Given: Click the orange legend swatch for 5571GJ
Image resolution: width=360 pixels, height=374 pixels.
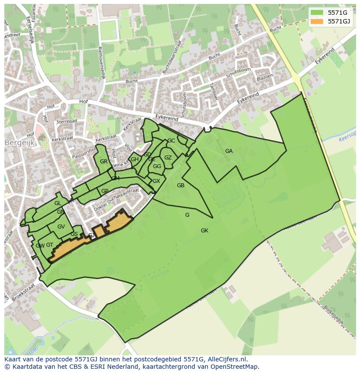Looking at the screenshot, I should click(x=317, y=21).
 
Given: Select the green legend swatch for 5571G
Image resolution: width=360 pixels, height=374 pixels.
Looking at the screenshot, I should click(x=317, y=13).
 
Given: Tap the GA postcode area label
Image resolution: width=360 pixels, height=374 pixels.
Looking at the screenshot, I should click(x=229, y=151).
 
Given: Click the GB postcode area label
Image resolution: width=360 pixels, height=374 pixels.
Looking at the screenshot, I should click(x=180, y=185).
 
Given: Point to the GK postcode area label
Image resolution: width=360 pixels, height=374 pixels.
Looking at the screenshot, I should click(x=204, y=231).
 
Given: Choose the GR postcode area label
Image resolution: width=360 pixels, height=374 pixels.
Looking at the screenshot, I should click(x=103, y=162).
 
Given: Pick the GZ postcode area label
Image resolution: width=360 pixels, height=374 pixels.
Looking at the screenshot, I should click(x=168, y=158).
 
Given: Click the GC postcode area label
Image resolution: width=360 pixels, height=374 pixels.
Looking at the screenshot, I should click(x=171, y=141).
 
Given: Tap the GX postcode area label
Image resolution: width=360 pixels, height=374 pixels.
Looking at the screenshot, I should click(x=156, y=181).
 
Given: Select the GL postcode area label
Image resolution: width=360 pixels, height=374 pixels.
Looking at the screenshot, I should click(x=57, y=203).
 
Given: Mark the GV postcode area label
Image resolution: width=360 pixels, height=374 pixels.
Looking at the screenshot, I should click(x=61, y=227).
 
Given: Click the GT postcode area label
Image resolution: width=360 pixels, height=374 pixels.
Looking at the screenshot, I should click(x=50, y=245).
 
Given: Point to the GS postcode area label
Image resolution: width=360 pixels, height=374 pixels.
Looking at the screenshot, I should click(x=74, y=234).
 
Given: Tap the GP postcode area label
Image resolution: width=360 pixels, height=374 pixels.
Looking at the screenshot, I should click(x=105, y=191).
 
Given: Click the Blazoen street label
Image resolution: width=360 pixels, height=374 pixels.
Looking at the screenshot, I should click(x=265, y=77).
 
